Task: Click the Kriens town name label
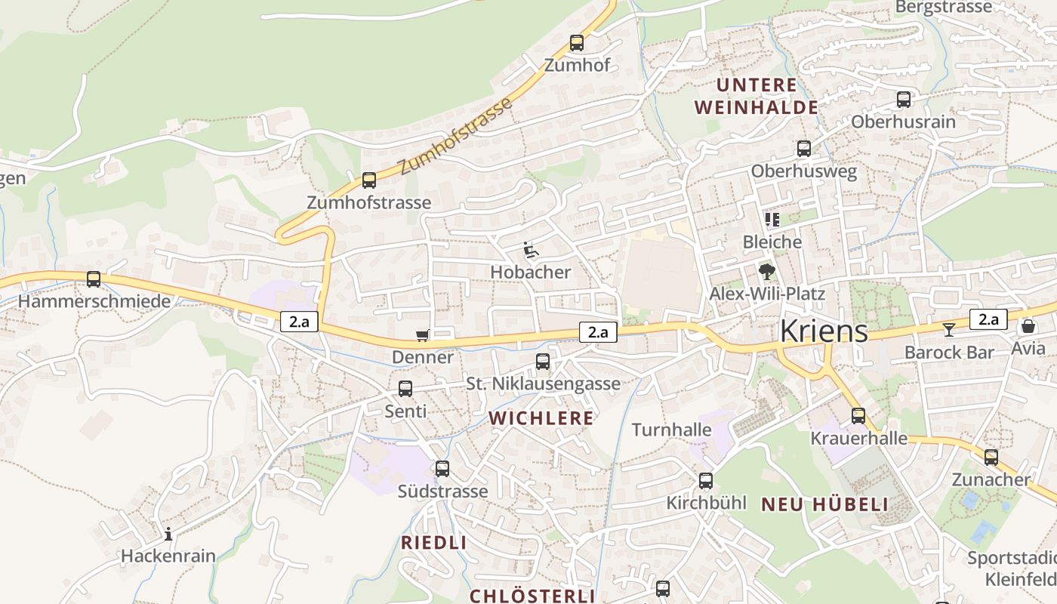[823, 331]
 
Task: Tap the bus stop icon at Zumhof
[577, 43]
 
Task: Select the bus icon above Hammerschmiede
[94, 279]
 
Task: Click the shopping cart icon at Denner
[422, 335]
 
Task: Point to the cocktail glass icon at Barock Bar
[948, 329]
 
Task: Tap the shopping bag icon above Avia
[1028, 326]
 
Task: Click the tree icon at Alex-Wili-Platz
[767, 272]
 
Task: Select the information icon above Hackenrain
[168, 535]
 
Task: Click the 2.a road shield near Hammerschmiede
[299, 322]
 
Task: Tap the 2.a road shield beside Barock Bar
[988, 319]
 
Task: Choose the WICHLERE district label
[541, 418]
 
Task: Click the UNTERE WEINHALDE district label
[757, 96]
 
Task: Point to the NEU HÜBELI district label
[824, 504]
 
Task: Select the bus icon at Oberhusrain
[903, 100]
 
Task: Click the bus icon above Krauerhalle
[858, 416]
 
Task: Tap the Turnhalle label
[671, 430]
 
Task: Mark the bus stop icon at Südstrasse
[442, 469]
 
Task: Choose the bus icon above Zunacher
[991, 458]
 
